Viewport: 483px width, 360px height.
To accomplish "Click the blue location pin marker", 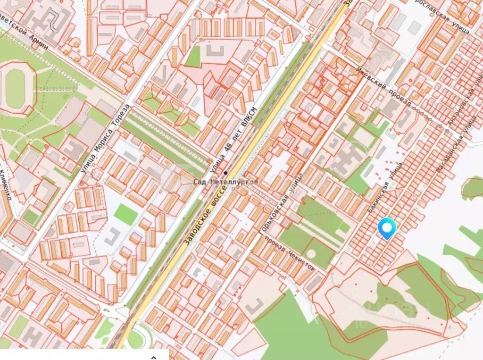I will pyautogui.click(x=387, y=228).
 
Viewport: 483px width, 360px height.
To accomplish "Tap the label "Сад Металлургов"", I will pyautogui.click(x=226, y=182).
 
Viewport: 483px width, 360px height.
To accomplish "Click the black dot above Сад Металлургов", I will pyautogui.click(x=225, y=173).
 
